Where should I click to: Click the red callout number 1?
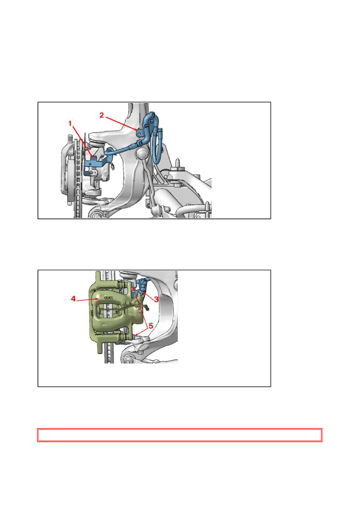point(70,124)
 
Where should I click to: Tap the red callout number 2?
point(102,115)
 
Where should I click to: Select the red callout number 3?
point(156,299)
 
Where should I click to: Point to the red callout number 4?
point(73,299)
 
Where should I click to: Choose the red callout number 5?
point(151,326)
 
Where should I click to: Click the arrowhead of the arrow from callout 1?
point(93,156)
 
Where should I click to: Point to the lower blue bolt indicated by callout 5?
point(135,336)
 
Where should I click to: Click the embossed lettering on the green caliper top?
point(108,297)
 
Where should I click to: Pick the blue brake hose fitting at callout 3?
point(142,287)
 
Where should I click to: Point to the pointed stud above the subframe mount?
point(177,163)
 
